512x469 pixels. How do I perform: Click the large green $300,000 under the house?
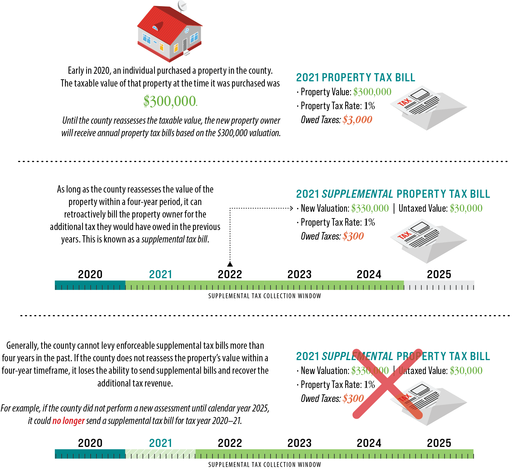click(170, 101)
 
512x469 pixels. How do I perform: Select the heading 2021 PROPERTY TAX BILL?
click(356, 78)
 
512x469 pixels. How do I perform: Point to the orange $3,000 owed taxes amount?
click(357, 120)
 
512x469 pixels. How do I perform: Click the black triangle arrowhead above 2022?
click(230, 264)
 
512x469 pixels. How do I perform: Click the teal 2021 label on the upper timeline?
click(160, 274)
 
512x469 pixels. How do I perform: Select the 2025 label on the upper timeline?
click(439, 274)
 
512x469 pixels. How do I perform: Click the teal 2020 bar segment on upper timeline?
click(90, 285)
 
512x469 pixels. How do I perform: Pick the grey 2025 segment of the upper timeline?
click(439, 285)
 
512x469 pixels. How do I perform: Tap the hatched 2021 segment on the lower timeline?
click(160, 454)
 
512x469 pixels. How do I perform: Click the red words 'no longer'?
click(68, 421)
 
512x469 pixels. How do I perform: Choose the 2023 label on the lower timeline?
click(299, 443)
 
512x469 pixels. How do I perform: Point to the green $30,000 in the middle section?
click(466, 208)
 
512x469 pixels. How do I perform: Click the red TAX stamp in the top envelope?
click(404, 103)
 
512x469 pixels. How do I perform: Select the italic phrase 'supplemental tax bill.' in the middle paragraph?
click(175, 239)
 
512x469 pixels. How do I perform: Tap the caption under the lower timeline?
click(265, 464)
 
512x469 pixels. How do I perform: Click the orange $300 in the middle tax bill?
click(353, 236)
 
